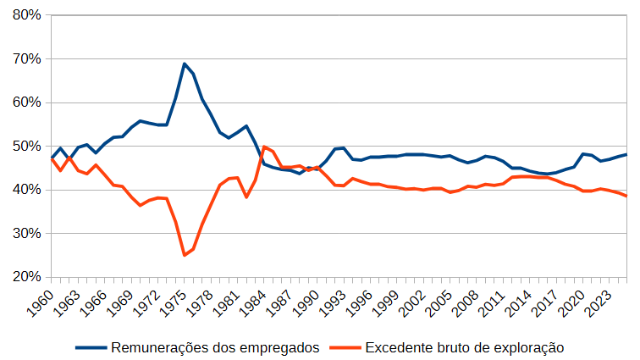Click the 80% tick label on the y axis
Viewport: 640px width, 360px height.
pos(27,15)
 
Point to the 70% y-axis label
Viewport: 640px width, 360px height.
pos(27,58)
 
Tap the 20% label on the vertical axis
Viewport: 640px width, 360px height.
pos(27,277)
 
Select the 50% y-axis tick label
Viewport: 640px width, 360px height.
pos(27,147)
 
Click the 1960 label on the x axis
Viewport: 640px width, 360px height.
pos(40,303)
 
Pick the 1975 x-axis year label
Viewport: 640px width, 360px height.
pos(173,303)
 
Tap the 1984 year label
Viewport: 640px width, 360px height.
pos(252,303)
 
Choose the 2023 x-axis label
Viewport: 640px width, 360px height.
pos(598,303)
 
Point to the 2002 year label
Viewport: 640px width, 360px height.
pos(411,303)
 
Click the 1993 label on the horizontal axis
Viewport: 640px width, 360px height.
pos(332,303)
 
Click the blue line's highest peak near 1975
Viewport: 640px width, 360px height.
pos(185,64)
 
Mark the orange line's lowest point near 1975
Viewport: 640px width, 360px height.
pos(185,256)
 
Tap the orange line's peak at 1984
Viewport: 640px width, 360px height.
pos(264,147)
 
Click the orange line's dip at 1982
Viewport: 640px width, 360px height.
pos(246,197)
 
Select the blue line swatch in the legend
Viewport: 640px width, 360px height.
pos(91,348)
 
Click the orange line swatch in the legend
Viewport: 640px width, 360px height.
pos(345,348)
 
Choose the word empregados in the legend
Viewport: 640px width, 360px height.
pos(279,348)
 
